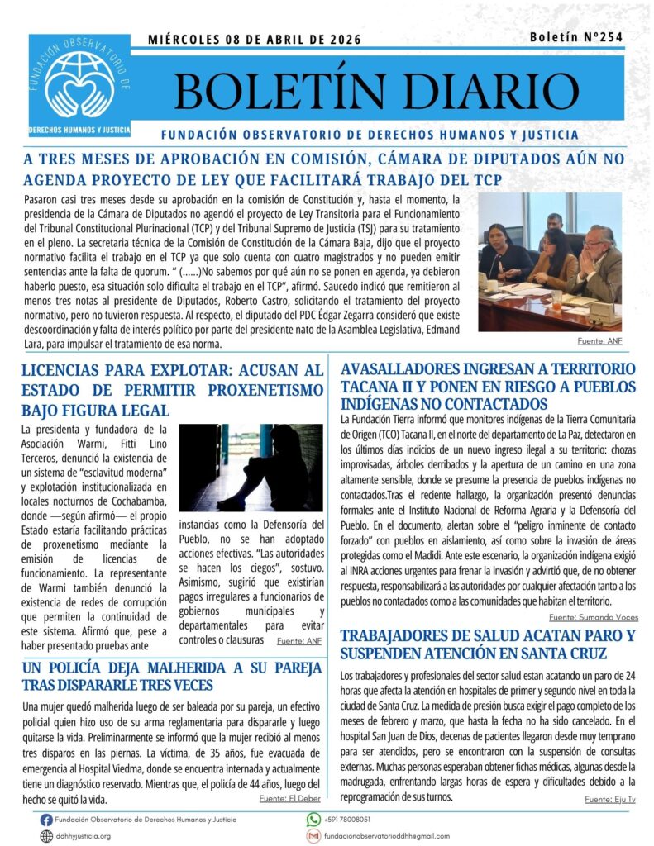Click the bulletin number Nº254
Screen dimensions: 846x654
pos(577,37)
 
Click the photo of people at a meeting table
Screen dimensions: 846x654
pos(549,262)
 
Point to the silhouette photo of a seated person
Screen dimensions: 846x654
pos(251,468)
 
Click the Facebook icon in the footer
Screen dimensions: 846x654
pos(46,820)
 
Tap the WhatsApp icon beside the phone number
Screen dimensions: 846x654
pos(313,820)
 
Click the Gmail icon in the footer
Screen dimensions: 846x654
pos(313,836)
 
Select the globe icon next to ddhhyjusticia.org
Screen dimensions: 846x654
pos(46,836)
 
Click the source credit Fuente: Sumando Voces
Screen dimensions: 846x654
pos(593,617)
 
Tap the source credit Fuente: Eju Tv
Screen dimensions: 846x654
pos(611,799)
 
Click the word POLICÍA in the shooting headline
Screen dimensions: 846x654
pos(93,667)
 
